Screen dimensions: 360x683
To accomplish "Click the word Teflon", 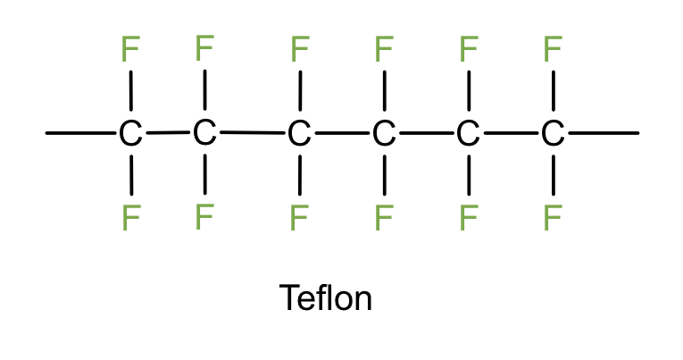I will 326,297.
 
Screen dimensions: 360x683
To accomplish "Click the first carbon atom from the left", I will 130,135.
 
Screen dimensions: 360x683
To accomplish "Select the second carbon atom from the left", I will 204,133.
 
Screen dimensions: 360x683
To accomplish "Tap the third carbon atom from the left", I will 299,135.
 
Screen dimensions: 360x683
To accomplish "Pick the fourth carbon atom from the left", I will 383,135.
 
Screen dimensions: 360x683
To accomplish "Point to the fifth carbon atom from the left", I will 468,135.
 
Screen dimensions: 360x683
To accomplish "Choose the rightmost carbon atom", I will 553,135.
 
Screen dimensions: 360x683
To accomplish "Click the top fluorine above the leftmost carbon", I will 130,49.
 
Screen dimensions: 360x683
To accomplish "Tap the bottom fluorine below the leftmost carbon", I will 130,217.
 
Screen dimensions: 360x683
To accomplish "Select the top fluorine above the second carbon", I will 204,46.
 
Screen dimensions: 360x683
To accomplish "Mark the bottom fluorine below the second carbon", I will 204,215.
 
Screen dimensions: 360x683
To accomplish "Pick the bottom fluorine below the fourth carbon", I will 383,217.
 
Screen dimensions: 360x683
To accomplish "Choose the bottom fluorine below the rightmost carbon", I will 553,217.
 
